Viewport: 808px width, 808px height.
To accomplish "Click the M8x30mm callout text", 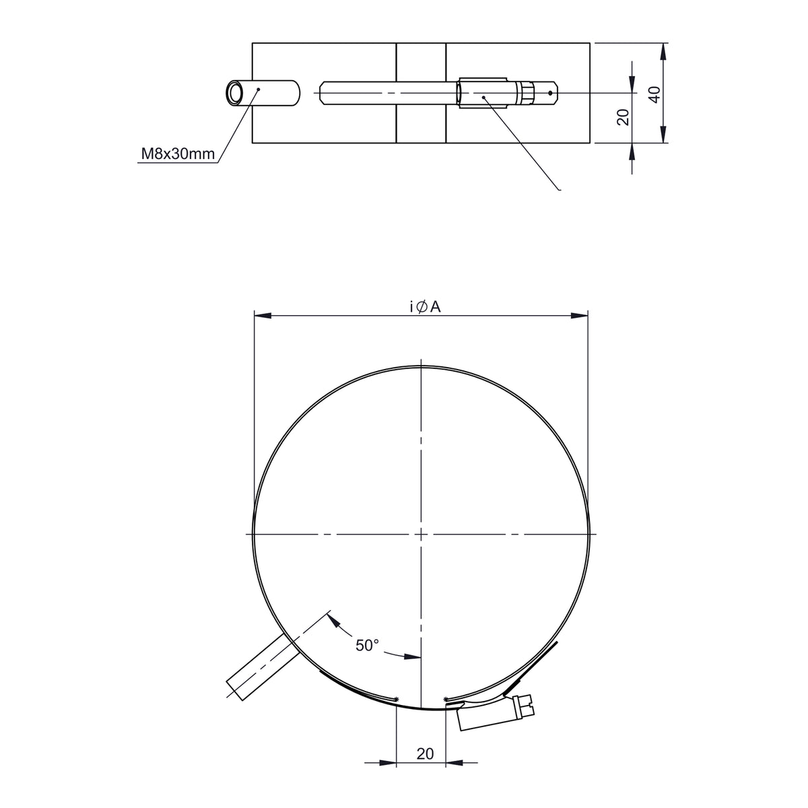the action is coord(178,154).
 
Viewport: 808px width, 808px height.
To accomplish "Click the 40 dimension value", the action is coord(654,94).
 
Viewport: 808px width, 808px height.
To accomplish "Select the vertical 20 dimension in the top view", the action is coord(624,117).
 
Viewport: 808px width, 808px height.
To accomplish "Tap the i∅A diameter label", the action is coord(425,307).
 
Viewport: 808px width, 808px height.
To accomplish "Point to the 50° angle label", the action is coord(367,645).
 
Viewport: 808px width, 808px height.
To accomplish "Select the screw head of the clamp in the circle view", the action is coord(525,705).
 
